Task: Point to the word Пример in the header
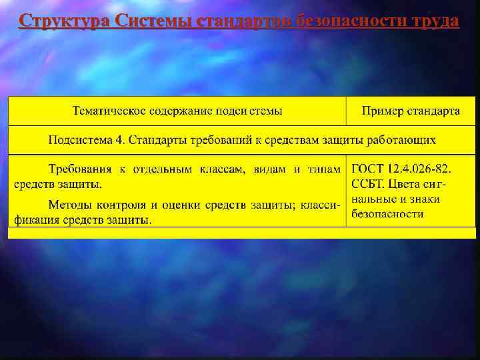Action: coord(381,111)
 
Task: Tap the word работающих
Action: coord(404,141)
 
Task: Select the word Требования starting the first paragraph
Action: coord(79,169)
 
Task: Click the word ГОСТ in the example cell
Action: coord(369,169)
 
